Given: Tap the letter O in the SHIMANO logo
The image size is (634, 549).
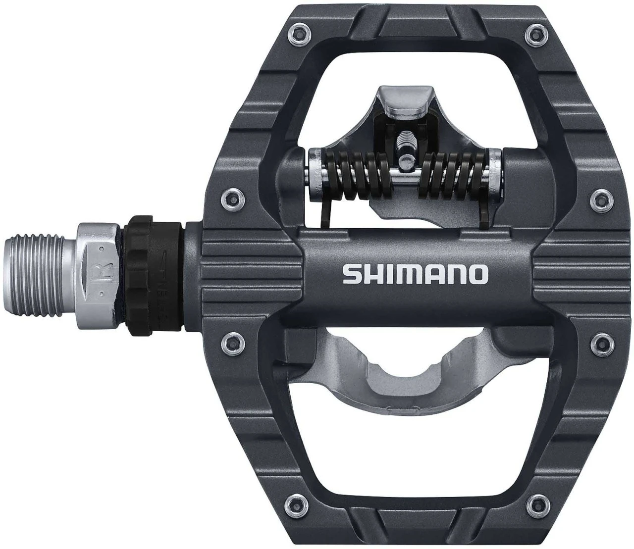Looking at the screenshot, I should pyautogui.click(x=476, y=274).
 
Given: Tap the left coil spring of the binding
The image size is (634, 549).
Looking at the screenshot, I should pyautogui.click(x=352, y=176).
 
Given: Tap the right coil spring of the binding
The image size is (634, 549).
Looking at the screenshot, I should pyautogui.click(x=454, y=176).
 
